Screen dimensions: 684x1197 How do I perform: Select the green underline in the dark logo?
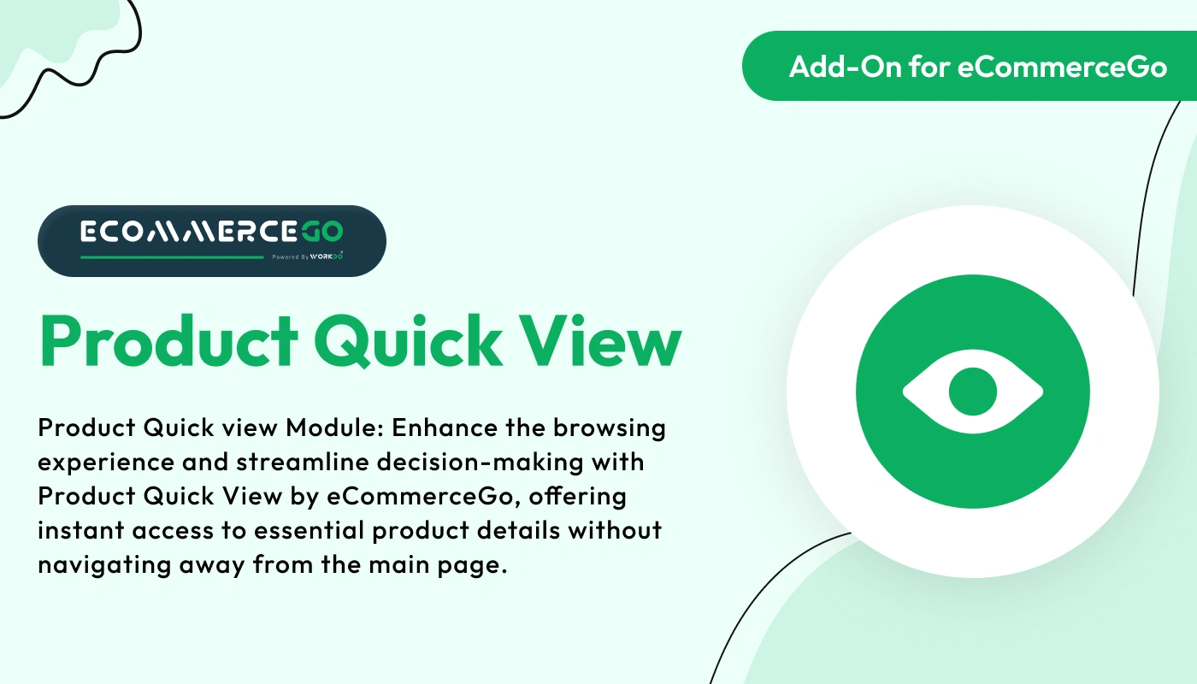[172, 256]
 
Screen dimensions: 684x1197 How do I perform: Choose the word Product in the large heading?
[167, 343]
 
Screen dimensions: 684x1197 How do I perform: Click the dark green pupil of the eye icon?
[973, 392]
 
